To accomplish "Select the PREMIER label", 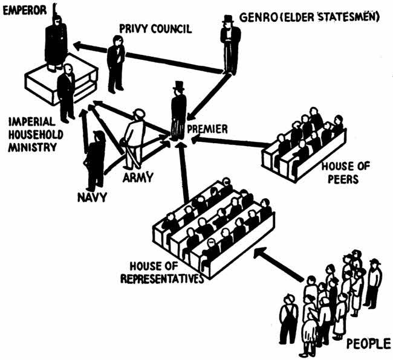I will coord(207,129).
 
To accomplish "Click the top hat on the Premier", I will coord(178,86).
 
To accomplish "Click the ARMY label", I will coord(140,177).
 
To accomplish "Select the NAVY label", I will coord(91,197).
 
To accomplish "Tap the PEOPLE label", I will coord(367,344).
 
